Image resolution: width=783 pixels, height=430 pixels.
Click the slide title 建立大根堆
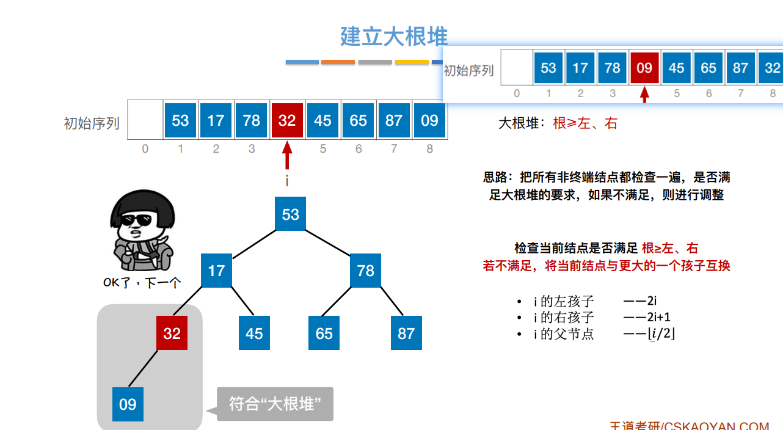[393, 37]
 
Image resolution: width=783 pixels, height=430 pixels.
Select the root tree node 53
[290, 214]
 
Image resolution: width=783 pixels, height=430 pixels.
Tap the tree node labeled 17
[216, 271]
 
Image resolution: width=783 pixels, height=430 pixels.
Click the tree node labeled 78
[365, 271]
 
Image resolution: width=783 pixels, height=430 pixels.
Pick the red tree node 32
[172, 333]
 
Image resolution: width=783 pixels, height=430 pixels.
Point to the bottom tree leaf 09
[128, 404]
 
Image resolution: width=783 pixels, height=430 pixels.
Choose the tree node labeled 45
[254, 333]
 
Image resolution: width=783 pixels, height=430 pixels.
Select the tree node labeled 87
[406, 333]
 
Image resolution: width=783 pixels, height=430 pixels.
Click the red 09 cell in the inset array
[644, 68]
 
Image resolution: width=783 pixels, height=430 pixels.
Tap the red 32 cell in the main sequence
[287, 120]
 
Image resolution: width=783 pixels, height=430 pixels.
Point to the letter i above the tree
[287, 181]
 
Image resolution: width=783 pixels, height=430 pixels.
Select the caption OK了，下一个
[143, 283]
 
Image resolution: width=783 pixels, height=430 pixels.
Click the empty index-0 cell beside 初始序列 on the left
[145, 120]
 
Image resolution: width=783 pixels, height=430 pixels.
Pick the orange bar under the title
[338, 62]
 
